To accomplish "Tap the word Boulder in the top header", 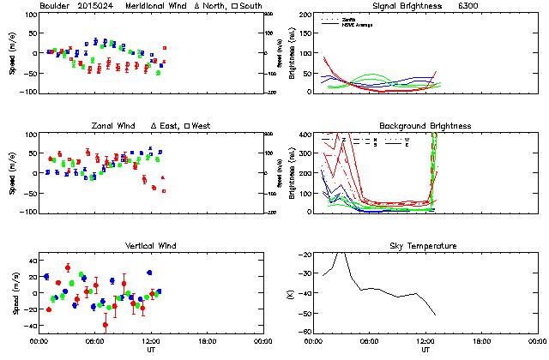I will [x=55, y=6].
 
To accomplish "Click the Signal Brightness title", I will [x=400, y=6].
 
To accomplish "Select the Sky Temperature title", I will [x=425, y=246].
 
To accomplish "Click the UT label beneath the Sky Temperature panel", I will [x=425, y=349].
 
